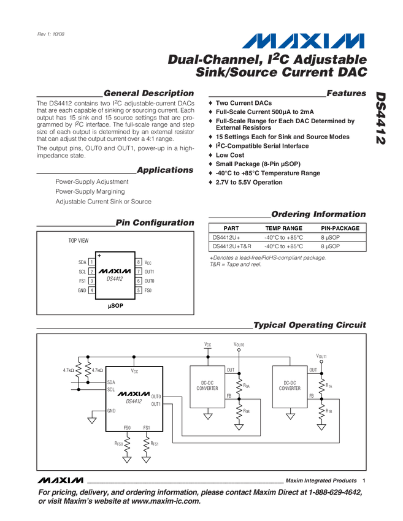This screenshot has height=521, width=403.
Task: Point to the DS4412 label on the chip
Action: [115, 278]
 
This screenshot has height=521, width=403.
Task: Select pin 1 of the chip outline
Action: [91, 262]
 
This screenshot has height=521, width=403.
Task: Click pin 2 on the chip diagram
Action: [91, 272]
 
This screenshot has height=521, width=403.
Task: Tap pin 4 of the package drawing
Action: [91, 289]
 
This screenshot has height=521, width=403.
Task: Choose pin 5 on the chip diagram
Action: [139, 289]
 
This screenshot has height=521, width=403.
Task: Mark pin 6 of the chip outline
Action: [139, 280]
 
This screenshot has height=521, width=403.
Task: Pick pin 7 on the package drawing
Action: [139, 272]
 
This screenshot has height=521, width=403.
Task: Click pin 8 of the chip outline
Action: [139, 262]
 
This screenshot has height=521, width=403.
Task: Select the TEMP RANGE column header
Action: [280, 228]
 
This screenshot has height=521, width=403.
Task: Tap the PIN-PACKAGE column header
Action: [338, 228]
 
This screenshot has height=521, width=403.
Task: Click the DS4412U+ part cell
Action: [226, 237]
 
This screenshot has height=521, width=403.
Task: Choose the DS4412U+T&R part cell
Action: [232, 246]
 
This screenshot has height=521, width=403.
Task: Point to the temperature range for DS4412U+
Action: [283, 237]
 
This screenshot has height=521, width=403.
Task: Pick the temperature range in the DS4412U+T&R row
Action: [283, 246]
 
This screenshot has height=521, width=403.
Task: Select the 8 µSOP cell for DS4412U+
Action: [330, 237]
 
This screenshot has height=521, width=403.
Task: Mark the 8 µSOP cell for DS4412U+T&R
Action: [330, 246]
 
